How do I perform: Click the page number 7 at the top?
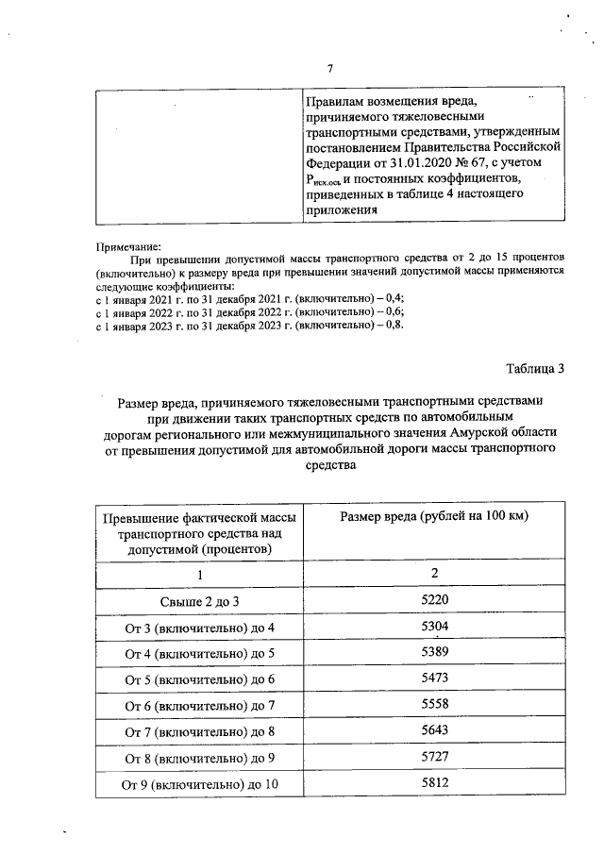click(x=329, y=67)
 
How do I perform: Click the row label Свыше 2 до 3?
click(x=198, y=601)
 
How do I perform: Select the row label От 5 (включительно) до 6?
click(x=198, y=679)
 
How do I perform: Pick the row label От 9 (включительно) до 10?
click(x=198, y=783)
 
